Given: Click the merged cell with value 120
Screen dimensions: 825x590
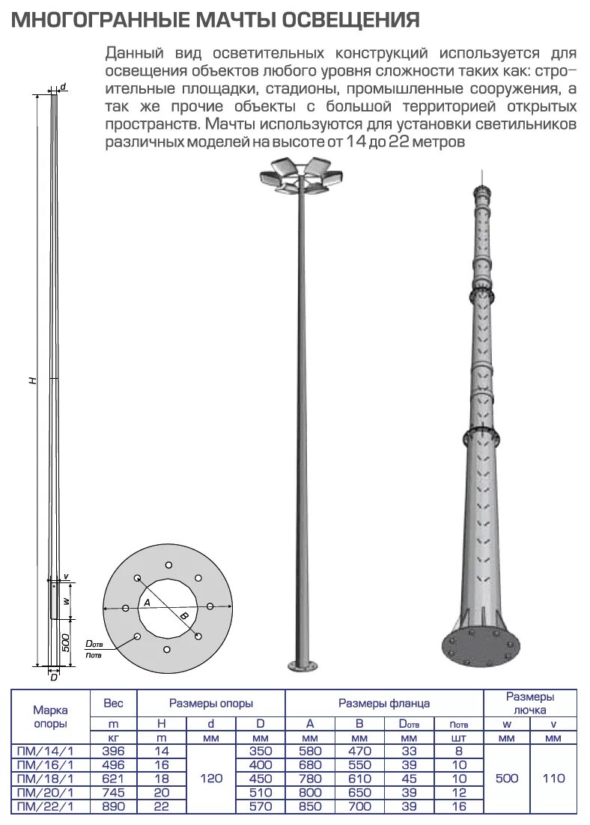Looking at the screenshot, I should pyautogui.click(x=211, y=779).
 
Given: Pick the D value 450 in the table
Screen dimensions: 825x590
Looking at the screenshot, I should pyautogui.click(x=260, y=779).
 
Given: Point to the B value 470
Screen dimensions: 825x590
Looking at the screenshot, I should pyautogui.click(x=359, y=751).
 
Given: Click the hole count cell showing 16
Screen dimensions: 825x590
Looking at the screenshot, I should pyautogui.click(x=459, y=807).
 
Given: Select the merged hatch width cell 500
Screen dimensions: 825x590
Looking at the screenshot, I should pyautogui.click(x=507, y=779).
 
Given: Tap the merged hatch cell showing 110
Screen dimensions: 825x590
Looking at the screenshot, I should pyautogui.click(x=553, y=779).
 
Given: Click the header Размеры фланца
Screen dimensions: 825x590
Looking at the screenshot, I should pyautogui.click(x=383, y=704).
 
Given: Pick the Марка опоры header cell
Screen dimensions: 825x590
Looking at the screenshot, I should pyautogui.click(x=50, y=716).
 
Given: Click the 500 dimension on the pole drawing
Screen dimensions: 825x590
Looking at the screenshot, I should pyautogui.click(x=66, y=642).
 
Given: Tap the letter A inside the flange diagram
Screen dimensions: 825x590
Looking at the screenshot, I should pyautogui.click(x=147, y=603).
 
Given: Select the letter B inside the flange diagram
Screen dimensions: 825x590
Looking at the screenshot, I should pyautogui.click(x=184, y=615).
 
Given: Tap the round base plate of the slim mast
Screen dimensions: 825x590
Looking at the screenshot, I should pyautogui.click(x=303, y=664).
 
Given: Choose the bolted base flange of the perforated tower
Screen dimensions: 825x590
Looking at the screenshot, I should pyautogui.click(x=480, y=645).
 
